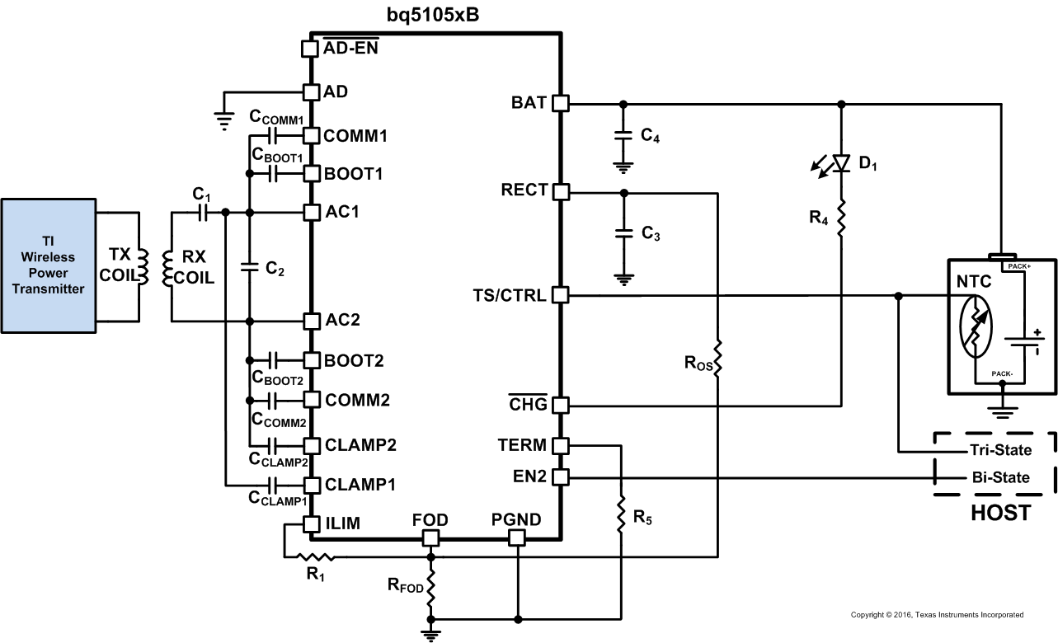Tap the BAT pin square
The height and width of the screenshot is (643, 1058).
(560, 103)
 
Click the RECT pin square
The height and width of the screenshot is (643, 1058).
(560, 191)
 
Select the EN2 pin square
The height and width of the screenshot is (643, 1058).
(560, 476)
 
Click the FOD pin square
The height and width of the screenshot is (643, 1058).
(430, 538)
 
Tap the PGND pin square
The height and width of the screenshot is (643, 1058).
(516, 538)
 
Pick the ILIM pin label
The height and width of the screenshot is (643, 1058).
(342, 523)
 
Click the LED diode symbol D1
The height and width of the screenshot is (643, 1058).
(840, 163)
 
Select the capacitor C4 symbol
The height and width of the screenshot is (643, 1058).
(623, 136)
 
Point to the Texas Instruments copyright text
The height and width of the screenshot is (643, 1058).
(937, 615)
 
